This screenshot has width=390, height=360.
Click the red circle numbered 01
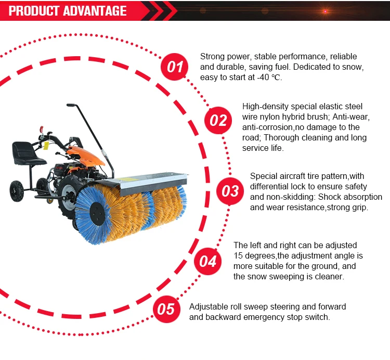[x=175, y=67]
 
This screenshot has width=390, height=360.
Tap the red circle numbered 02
[x=218, y=120]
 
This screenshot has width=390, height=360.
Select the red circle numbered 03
[x=230, y=190]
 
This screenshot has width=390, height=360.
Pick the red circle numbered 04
[x=208, y=261]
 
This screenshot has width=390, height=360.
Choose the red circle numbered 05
[x=166, y=310]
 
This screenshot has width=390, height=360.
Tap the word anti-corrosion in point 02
[x=267, y=127]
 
